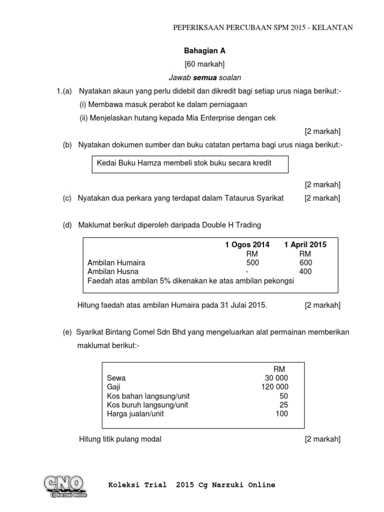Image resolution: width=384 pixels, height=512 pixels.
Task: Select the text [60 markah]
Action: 204,64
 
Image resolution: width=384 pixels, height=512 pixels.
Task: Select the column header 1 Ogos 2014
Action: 247,244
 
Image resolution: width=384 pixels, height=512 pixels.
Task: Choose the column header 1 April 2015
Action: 305,244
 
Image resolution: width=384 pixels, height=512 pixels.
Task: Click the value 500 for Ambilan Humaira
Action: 253,262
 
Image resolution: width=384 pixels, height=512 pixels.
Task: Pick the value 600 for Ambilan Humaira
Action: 305,262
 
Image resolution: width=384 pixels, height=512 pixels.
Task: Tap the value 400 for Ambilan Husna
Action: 305,271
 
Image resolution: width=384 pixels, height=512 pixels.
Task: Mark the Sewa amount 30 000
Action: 276,378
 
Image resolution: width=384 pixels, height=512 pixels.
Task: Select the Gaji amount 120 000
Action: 274,387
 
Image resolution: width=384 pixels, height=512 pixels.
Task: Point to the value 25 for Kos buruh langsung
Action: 283,405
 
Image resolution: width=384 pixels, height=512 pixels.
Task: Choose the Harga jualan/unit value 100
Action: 281,414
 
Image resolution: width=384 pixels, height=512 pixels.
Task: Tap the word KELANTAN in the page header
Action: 333,28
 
